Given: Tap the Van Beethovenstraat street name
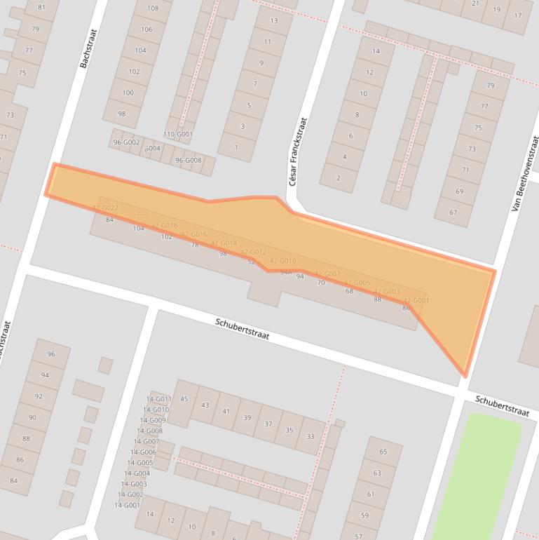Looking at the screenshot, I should point(526,173).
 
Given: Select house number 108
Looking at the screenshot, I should point(152,8).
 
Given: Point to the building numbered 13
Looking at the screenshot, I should point(273,20).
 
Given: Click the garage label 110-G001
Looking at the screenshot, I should point(178,134).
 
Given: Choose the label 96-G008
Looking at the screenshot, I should point(188,160).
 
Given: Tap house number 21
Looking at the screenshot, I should point(476,4).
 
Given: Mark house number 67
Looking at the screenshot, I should point(453,212).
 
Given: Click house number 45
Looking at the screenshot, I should point(184,399).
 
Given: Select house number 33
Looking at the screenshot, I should point(310,436).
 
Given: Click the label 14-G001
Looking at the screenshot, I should point(128,505).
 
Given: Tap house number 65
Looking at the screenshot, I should point(383,452).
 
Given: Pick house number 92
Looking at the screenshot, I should point(39,396).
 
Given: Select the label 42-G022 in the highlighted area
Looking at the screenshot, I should point(105,208).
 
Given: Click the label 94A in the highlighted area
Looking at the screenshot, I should point(285,272).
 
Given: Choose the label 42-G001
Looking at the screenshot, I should point(416,301).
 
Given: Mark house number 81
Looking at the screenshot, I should point(42,8).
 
